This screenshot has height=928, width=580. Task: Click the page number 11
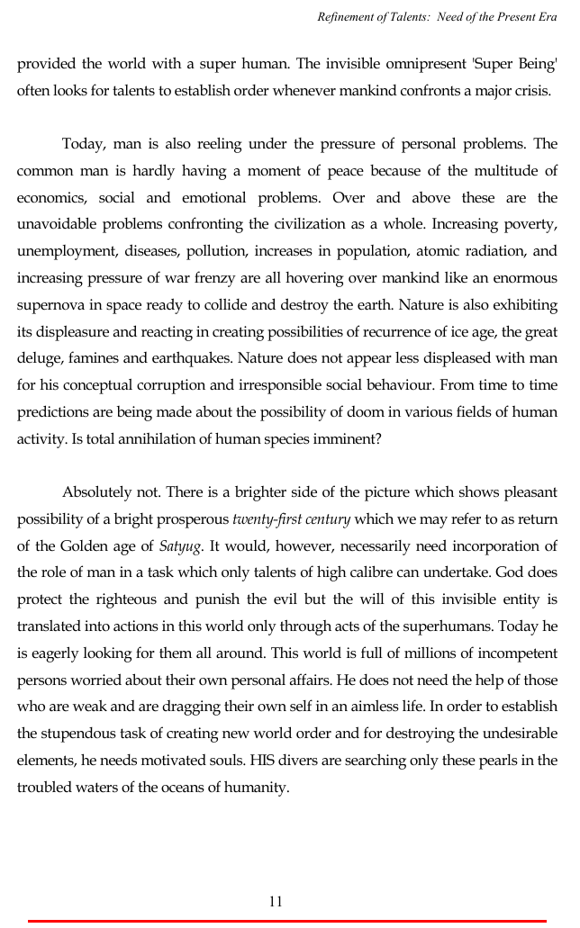[x=276, y=901]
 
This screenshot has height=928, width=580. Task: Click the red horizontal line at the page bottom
[x=288, y=921]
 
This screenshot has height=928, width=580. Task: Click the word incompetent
[x=512, y=653]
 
